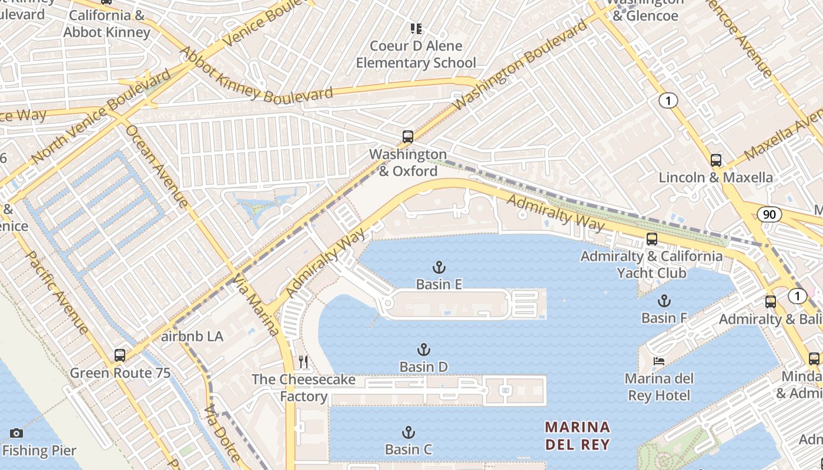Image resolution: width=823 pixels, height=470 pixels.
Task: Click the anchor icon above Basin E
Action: click(x=439, y=268)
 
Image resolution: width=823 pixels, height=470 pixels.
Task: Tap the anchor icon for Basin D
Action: click(x=423, y=350)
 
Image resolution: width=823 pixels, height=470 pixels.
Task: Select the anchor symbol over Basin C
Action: click(x=408, y=433)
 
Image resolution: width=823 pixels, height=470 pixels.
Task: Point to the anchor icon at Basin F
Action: click(x=664, y=301)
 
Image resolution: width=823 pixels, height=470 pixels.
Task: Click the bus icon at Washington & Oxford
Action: click(x=407, y=137)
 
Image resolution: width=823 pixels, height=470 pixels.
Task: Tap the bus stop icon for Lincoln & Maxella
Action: click(x=715, y=160)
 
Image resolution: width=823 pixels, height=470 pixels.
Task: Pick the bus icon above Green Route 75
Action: click(x=120, y=355)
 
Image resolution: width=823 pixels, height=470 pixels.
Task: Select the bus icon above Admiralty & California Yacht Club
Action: click(x=651, y=239)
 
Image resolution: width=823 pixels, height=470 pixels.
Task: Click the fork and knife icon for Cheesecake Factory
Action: click(x=303, y=361)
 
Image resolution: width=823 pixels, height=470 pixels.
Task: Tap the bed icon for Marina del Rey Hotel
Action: click(x=659, y=361)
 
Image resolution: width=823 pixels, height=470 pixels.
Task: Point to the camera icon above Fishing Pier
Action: click(x=16, y=433)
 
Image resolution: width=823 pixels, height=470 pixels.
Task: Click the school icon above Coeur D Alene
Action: click(x=416, y=28)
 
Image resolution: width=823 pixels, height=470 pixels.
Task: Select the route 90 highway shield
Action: click(x=770, y=214)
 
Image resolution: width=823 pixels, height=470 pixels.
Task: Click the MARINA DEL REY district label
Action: click(x=577, y=435)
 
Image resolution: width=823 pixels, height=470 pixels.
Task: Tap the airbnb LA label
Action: click(x=192, y=337)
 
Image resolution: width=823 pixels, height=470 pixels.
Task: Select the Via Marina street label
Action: click(x=256, y=304)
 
